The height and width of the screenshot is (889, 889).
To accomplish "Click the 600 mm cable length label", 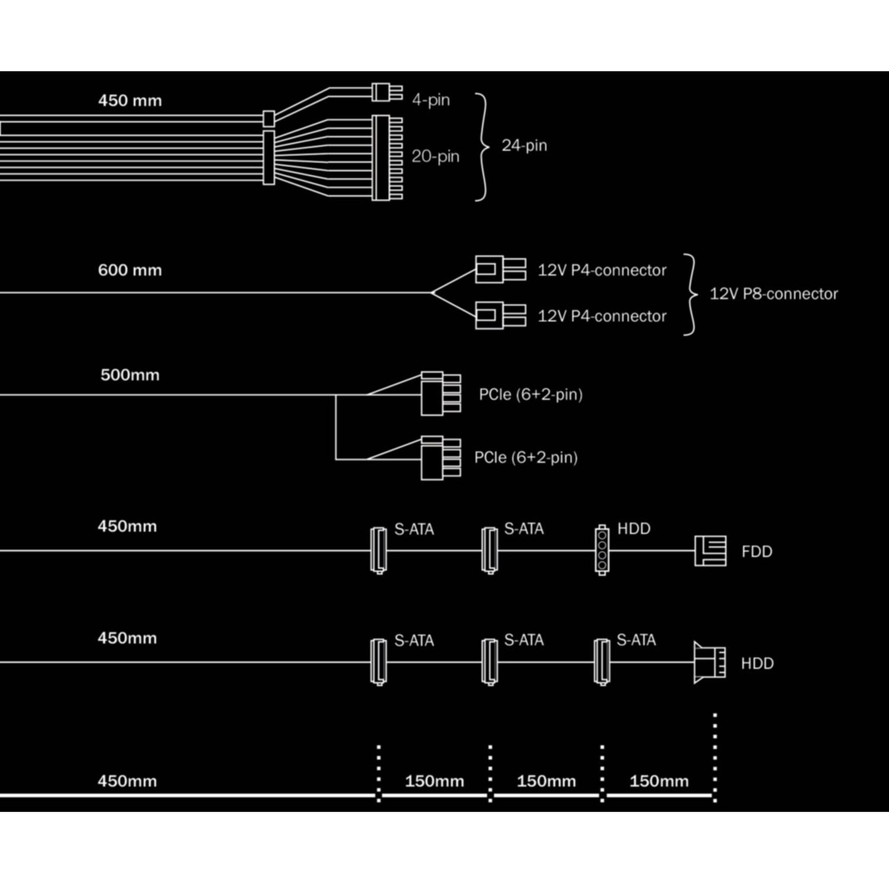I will click(130, 270).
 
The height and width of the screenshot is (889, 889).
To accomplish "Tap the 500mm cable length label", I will click(130, 375).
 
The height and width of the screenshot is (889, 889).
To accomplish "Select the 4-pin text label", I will click(431, 100).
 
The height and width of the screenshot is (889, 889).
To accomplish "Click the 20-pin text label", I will click(435, 156).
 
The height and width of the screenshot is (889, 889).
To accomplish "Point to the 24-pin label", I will click(524, 145).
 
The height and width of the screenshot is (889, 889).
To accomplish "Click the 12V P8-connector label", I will click(773, 294).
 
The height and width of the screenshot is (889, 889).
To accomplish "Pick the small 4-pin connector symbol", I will click(387, 92).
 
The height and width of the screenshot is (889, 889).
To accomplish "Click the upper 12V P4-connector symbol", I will click(500, 269).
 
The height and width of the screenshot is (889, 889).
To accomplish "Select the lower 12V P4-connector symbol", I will click(500, 315).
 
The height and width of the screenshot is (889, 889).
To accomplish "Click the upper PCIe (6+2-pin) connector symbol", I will click(440, 393).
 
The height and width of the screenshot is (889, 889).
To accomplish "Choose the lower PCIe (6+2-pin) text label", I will click(526, 458).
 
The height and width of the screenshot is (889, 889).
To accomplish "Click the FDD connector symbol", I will click(710, 551).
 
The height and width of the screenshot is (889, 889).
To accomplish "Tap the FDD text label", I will click(757, 552).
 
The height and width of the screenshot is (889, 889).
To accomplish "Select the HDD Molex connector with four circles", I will click(602, 550).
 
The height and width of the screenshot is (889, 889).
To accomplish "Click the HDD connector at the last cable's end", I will click(709, 663).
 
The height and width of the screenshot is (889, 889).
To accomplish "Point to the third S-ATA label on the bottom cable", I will click(636, 640).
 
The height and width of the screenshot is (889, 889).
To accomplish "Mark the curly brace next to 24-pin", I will click(482, 146).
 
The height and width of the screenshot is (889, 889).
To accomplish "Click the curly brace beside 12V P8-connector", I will click(690, 295).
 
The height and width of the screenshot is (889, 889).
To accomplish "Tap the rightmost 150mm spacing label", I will click(658, 781).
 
